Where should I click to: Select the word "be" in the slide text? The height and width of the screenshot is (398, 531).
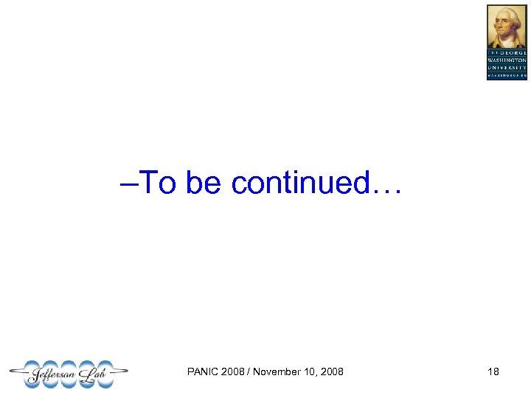pos(204,182)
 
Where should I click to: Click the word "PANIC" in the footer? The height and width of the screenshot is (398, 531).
pos(204,371)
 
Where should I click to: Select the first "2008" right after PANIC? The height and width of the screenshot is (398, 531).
pos(234,371)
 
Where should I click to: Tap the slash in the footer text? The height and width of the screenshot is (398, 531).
pos(249,371)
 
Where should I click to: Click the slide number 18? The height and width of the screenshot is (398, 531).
pos(493,371)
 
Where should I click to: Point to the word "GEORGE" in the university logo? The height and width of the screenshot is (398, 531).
pos(513,52)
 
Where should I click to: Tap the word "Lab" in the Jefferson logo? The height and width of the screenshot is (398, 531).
pos(100,374)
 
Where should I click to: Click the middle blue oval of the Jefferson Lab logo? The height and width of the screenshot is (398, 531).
pos(69,374)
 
